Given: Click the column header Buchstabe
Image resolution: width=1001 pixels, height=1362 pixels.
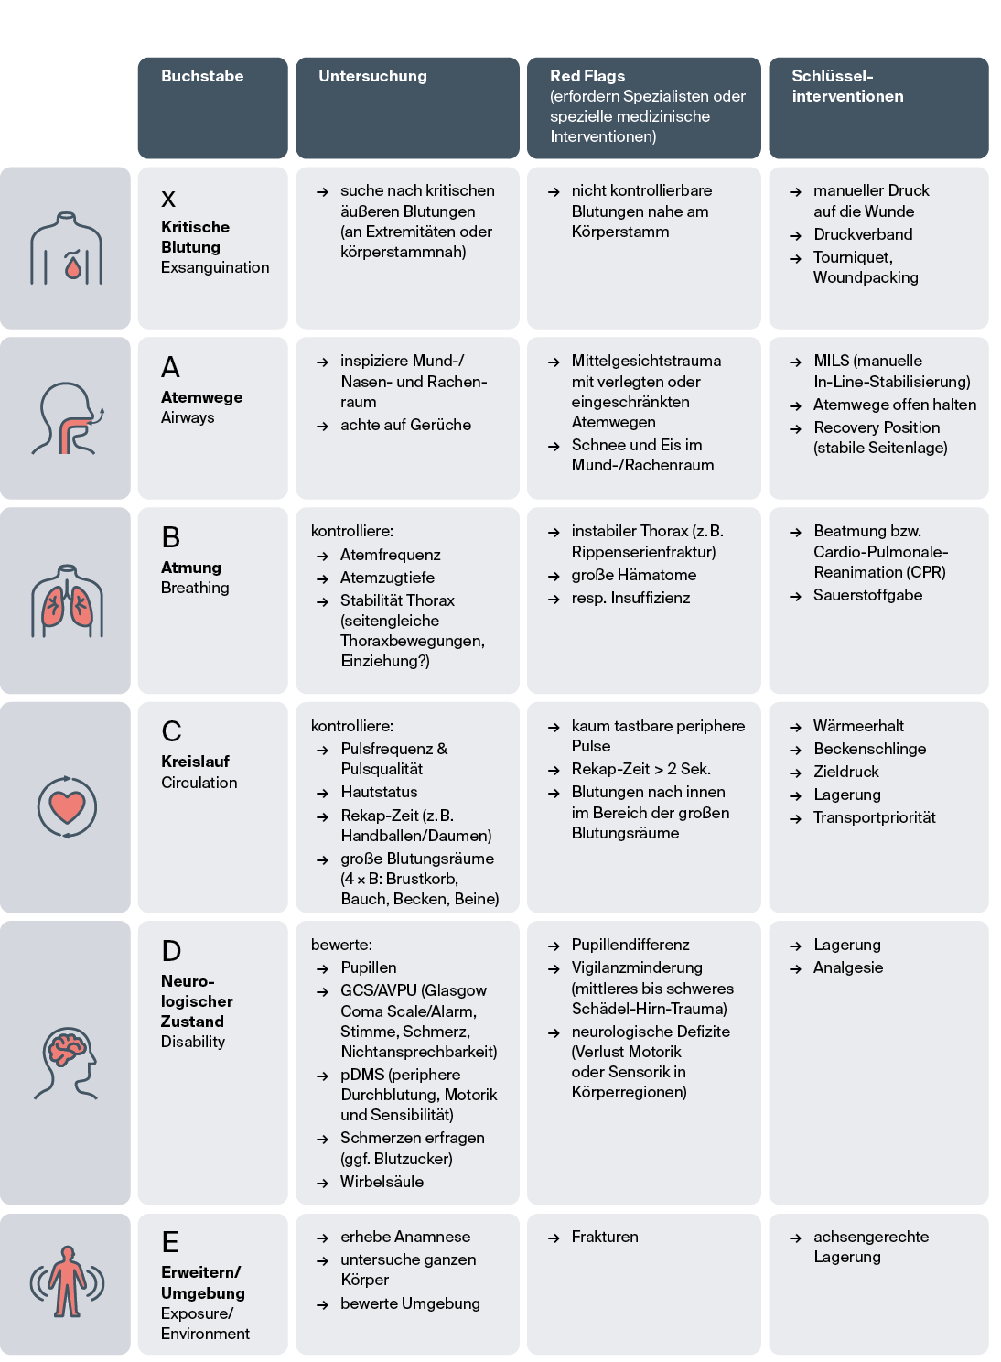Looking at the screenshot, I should [202, 76].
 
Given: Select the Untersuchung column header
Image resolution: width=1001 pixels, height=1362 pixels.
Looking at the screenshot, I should [372, 76].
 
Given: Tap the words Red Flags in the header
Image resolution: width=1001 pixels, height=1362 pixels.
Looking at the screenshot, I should [587, 76].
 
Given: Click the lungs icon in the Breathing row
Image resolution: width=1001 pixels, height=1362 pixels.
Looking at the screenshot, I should [67, 600].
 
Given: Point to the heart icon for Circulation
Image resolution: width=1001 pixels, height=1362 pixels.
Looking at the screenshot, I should [67, 806].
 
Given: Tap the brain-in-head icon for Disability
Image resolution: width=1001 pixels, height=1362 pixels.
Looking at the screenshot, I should [67, 1062].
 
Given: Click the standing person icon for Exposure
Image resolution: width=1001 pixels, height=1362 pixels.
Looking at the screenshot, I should [67, 1281].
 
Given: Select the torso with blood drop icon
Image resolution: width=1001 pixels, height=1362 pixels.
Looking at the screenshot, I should [67, 249].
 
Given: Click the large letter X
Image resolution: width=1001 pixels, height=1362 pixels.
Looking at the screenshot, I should [168, 199].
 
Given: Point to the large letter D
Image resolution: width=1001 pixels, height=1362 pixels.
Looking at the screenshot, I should [171, 951].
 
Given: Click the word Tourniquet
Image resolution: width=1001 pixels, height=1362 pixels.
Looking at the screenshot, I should [852, 257].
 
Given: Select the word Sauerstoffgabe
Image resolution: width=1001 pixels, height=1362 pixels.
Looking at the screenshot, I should [867, 595].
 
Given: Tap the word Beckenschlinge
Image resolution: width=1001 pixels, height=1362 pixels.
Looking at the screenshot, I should [869, 749].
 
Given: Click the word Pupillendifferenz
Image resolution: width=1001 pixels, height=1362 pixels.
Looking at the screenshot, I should [630, 945].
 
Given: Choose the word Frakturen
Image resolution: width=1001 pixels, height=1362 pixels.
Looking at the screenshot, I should [605, 1237].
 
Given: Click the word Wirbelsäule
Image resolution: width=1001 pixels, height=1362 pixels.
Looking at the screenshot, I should [382, 1182].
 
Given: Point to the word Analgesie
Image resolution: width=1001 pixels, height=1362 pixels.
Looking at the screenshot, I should [848, 967].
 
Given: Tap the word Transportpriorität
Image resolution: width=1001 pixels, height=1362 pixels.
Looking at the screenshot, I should [874, 817].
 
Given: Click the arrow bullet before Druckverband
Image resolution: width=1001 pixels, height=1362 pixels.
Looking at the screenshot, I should [795, 235].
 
